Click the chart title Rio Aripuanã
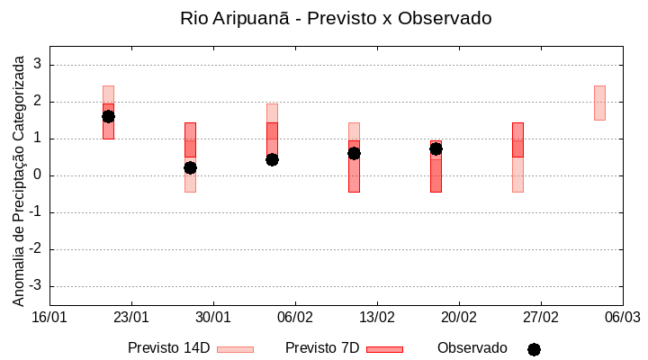336,18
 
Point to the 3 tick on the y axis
38,65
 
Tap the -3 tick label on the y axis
35,286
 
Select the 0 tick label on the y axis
38,175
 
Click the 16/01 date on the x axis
49,318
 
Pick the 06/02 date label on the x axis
295,318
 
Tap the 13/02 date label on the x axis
377,318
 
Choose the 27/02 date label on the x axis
541,318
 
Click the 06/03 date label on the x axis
622,318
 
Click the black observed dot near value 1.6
108,116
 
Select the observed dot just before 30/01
190,167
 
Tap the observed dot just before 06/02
272,159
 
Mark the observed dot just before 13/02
354,153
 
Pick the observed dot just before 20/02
436,148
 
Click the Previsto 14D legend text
168,348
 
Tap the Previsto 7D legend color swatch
384,349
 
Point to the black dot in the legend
534,349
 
